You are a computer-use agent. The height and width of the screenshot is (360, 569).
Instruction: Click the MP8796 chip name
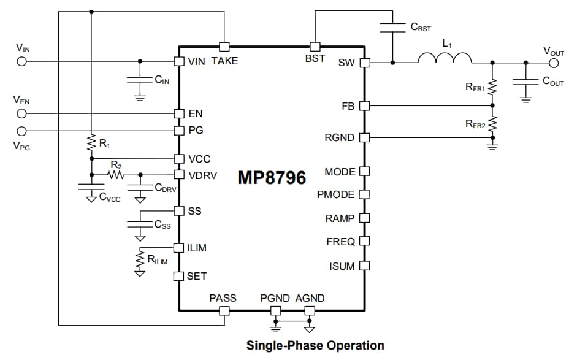[272, 177]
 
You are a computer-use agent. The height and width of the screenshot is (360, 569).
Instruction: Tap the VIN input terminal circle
[21, 61]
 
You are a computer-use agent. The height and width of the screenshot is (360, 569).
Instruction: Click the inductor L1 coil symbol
[445, 59]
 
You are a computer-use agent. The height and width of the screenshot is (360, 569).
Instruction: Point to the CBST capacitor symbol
[392, 27]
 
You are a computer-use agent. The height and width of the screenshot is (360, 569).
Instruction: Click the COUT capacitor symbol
[525, 82]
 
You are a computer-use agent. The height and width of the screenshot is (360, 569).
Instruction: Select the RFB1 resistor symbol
[492, 88]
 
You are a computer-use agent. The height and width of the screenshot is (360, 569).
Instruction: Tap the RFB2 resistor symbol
[492, 125]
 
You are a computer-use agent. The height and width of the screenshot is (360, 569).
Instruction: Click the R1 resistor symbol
[91, 143]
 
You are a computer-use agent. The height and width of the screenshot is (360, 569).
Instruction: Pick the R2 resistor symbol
[116, 175]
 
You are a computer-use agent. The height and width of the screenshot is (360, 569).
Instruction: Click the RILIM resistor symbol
[140, 259]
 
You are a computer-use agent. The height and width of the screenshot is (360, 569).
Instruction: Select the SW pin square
[364, 63]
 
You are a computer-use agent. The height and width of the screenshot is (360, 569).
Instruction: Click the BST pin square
[315, 47]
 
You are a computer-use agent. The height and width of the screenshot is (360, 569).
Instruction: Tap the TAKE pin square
[224, 47]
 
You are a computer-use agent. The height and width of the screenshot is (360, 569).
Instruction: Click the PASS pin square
[224, 310]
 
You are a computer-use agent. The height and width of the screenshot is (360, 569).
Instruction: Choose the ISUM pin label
[342, 266]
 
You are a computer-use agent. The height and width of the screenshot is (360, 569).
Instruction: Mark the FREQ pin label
[340, 242]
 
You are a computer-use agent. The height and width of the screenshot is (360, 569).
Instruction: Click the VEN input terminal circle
[21, 113]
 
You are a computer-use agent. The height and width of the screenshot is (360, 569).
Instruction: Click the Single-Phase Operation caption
[315, 345]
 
